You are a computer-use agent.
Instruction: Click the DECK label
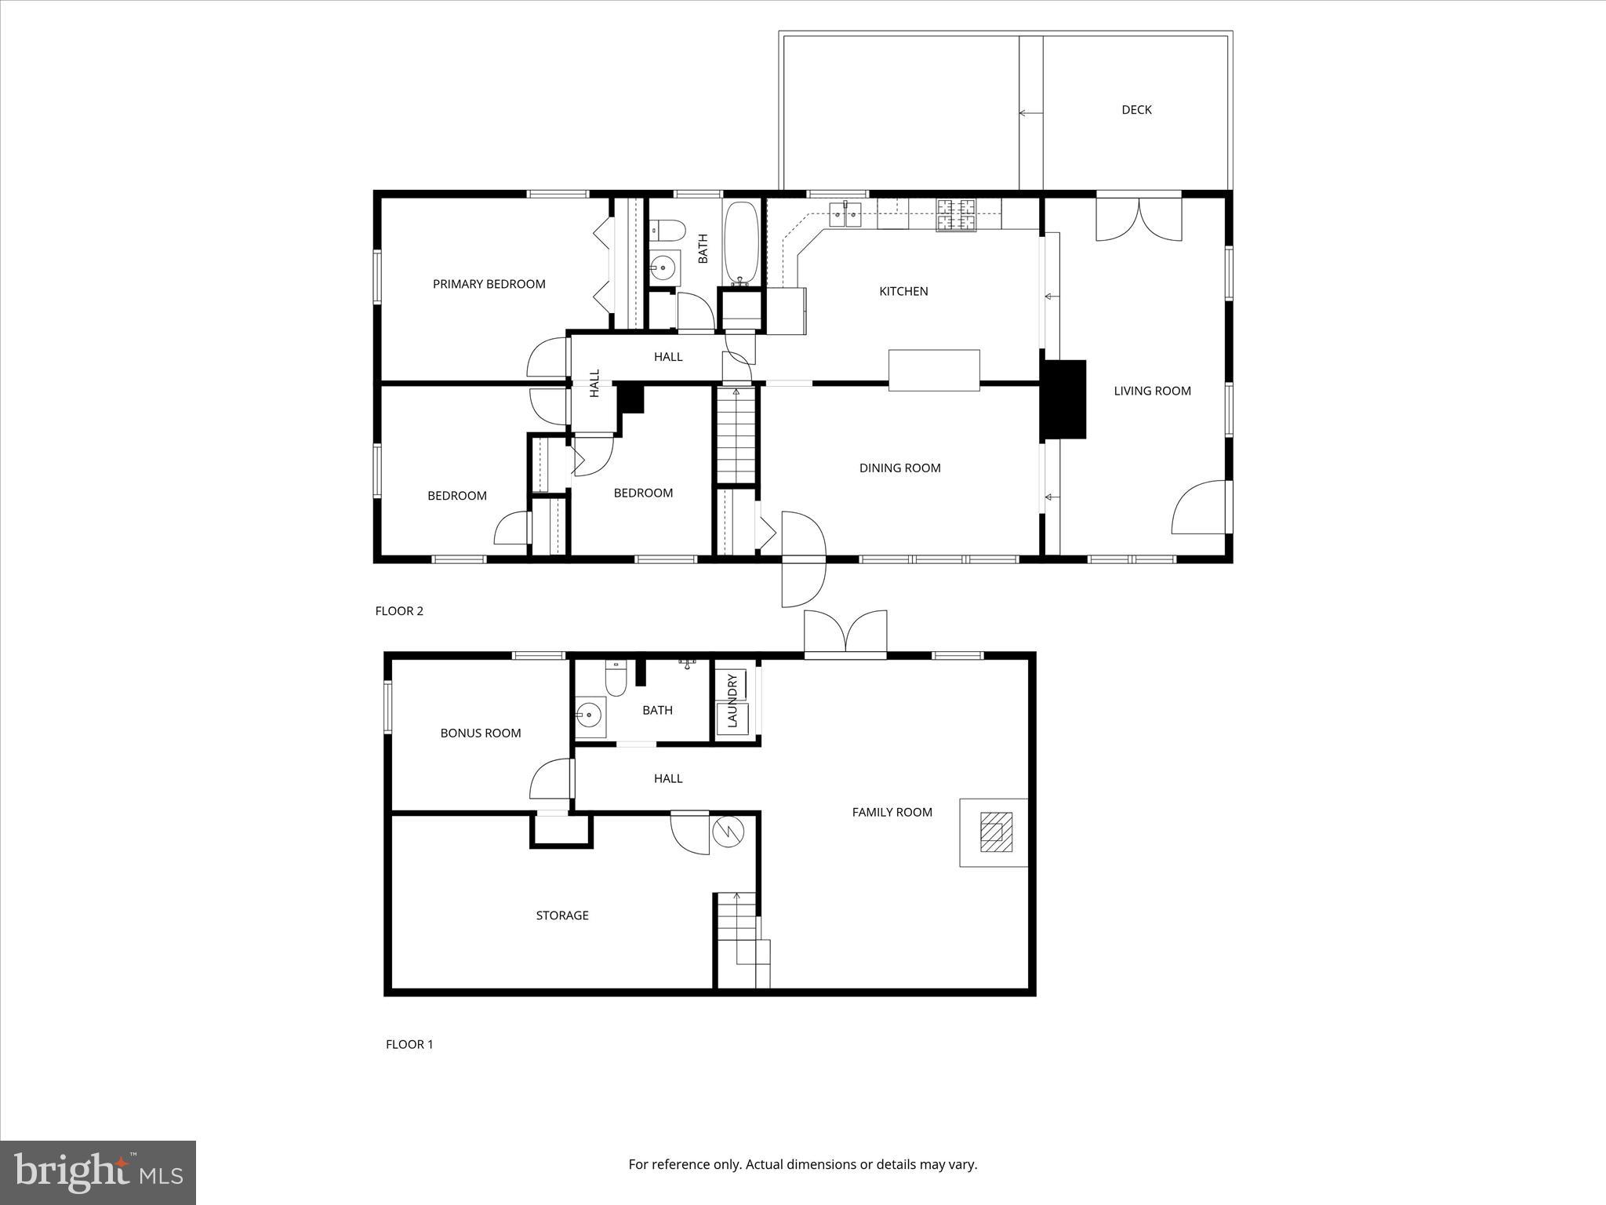[1135, 110]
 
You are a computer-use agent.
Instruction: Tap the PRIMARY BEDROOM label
[489, 284]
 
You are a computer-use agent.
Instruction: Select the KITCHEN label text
[903, 291]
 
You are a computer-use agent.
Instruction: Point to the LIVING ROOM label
[1152, 391]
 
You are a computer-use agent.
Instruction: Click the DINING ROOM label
[899, 468]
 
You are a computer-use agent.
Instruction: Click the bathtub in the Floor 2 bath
[740, 243]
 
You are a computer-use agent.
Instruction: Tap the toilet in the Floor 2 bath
[667, 231]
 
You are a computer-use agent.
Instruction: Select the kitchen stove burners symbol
[957, 215]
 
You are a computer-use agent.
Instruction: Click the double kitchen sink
[845, 213]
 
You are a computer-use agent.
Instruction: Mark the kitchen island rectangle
[933, 370]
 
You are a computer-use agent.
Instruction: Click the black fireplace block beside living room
[1063, 399]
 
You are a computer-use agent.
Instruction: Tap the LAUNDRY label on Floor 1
[732, 700]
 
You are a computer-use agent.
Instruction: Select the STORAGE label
[561, 916]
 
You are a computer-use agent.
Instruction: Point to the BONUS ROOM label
[480, 734]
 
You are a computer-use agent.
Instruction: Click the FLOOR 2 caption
[399, 611]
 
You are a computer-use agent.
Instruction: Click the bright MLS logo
[98, 1172]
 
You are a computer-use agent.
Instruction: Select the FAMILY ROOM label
[892, 813]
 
